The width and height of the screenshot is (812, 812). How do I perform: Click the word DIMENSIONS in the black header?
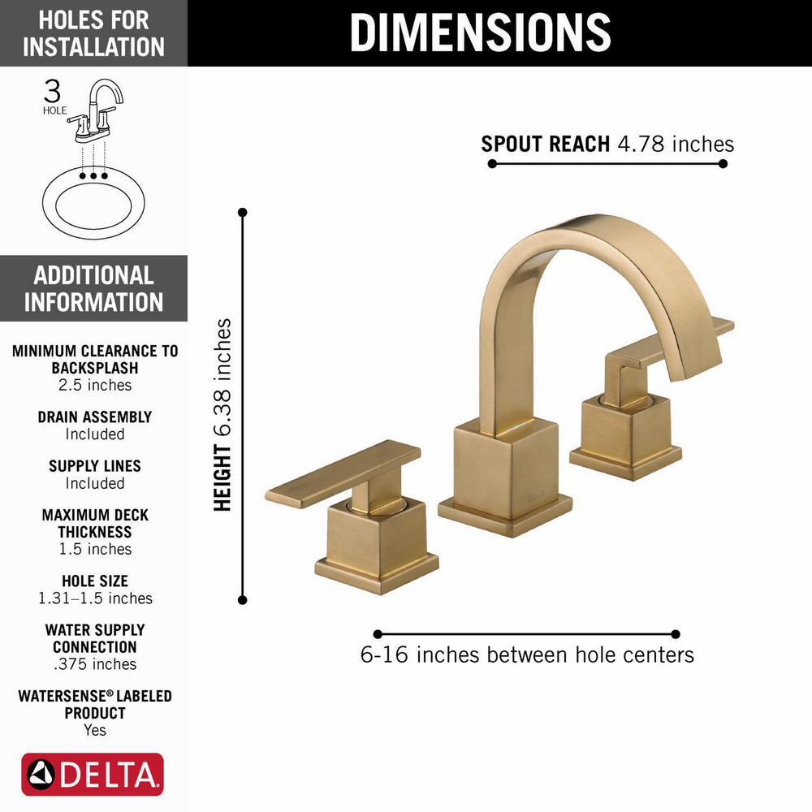tap(481, 32)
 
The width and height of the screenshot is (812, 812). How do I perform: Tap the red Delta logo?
tap(93, 774)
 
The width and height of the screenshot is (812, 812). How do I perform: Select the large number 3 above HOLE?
tap(52, 91)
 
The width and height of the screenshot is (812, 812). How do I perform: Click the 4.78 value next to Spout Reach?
tap(641, 144)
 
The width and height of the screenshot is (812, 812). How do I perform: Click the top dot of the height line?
tap(242, 212)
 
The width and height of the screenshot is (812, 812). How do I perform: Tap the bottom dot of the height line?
tap(242, 600)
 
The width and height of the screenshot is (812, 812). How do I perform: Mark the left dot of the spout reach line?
tap(492, 164)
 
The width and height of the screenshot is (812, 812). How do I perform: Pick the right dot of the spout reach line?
tap(723, 164)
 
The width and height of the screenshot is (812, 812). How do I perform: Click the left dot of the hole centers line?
tap(378, 634)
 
